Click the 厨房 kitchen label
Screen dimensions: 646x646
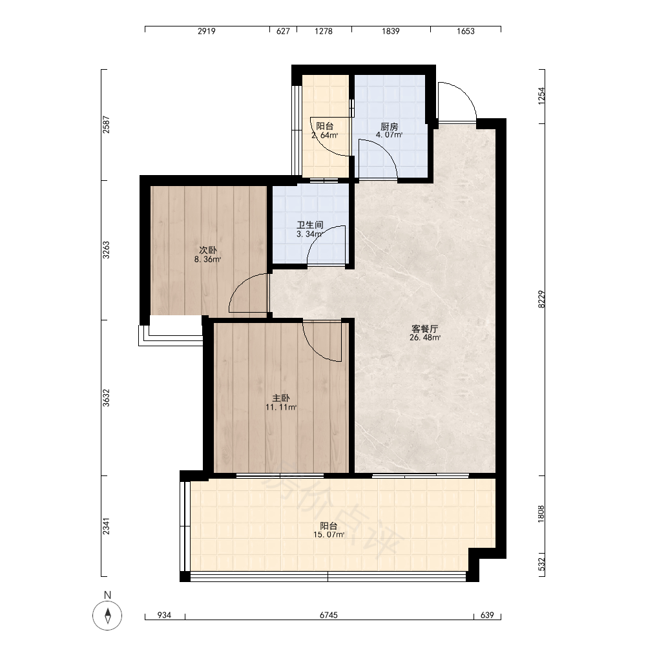click(390, 126)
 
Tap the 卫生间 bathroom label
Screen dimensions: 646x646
click(310, 225)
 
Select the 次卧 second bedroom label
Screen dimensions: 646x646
click(207, 250)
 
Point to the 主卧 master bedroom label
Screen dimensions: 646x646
click(281, 399)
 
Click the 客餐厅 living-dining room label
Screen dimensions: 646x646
click(425, 329)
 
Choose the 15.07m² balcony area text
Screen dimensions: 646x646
click(329, 535)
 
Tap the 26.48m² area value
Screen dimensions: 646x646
click(425, 337)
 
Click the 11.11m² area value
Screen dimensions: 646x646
click(281, 408)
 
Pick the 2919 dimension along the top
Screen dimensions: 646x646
click(207, 31)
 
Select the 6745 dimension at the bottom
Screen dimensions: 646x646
click(329, 615)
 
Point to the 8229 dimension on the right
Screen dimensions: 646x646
click(541, 299)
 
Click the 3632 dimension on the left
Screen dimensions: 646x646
click(107, 398)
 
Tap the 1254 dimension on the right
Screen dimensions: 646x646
click(541, 96)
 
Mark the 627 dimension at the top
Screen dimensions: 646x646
click(283, 31)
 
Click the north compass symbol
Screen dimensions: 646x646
click(107, 616)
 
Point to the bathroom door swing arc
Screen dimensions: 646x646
click(319, 237)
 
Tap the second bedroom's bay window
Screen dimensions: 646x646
click(171, 335)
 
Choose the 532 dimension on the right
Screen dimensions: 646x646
click(541, 565)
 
